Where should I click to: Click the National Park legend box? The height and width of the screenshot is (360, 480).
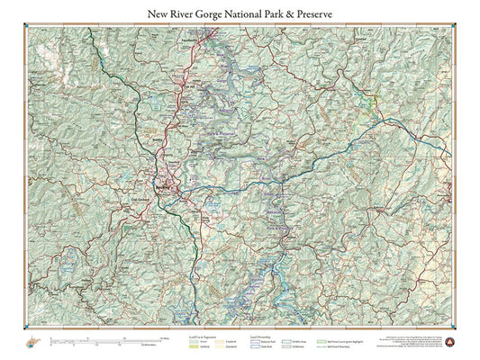click(253, 340)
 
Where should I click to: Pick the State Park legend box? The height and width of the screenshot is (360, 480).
click(253, 346)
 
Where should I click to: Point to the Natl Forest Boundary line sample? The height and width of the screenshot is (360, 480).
click(322, 346)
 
